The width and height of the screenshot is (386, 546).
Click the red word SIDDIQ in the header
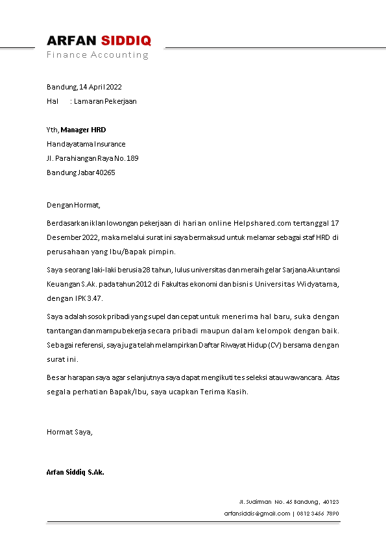point(126,41)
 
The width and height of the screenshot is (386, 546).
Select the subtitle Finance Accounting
point(97,54)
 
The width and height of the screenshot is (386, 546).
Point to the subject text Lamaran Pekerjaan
point(105,101)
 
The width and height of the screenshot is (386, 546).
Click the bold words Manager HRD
point(83,130)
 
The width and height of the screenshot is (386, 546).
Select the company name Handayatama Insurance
point(86,144)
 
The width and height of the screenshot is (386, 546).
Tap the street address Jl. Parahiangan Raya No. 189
point(92,158)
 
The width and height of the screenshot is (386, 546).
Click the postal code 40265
point(105,172)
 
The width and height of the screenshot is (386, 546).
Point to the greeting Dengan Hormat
point(73,206)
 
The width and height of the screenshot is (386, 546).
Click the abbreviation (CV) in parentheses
point(276,346)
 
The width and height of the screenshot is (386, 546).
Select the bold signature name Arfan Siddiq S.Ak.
point(75,472)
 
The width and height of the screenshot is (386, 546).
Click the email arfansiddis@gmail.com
point(257,514)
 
